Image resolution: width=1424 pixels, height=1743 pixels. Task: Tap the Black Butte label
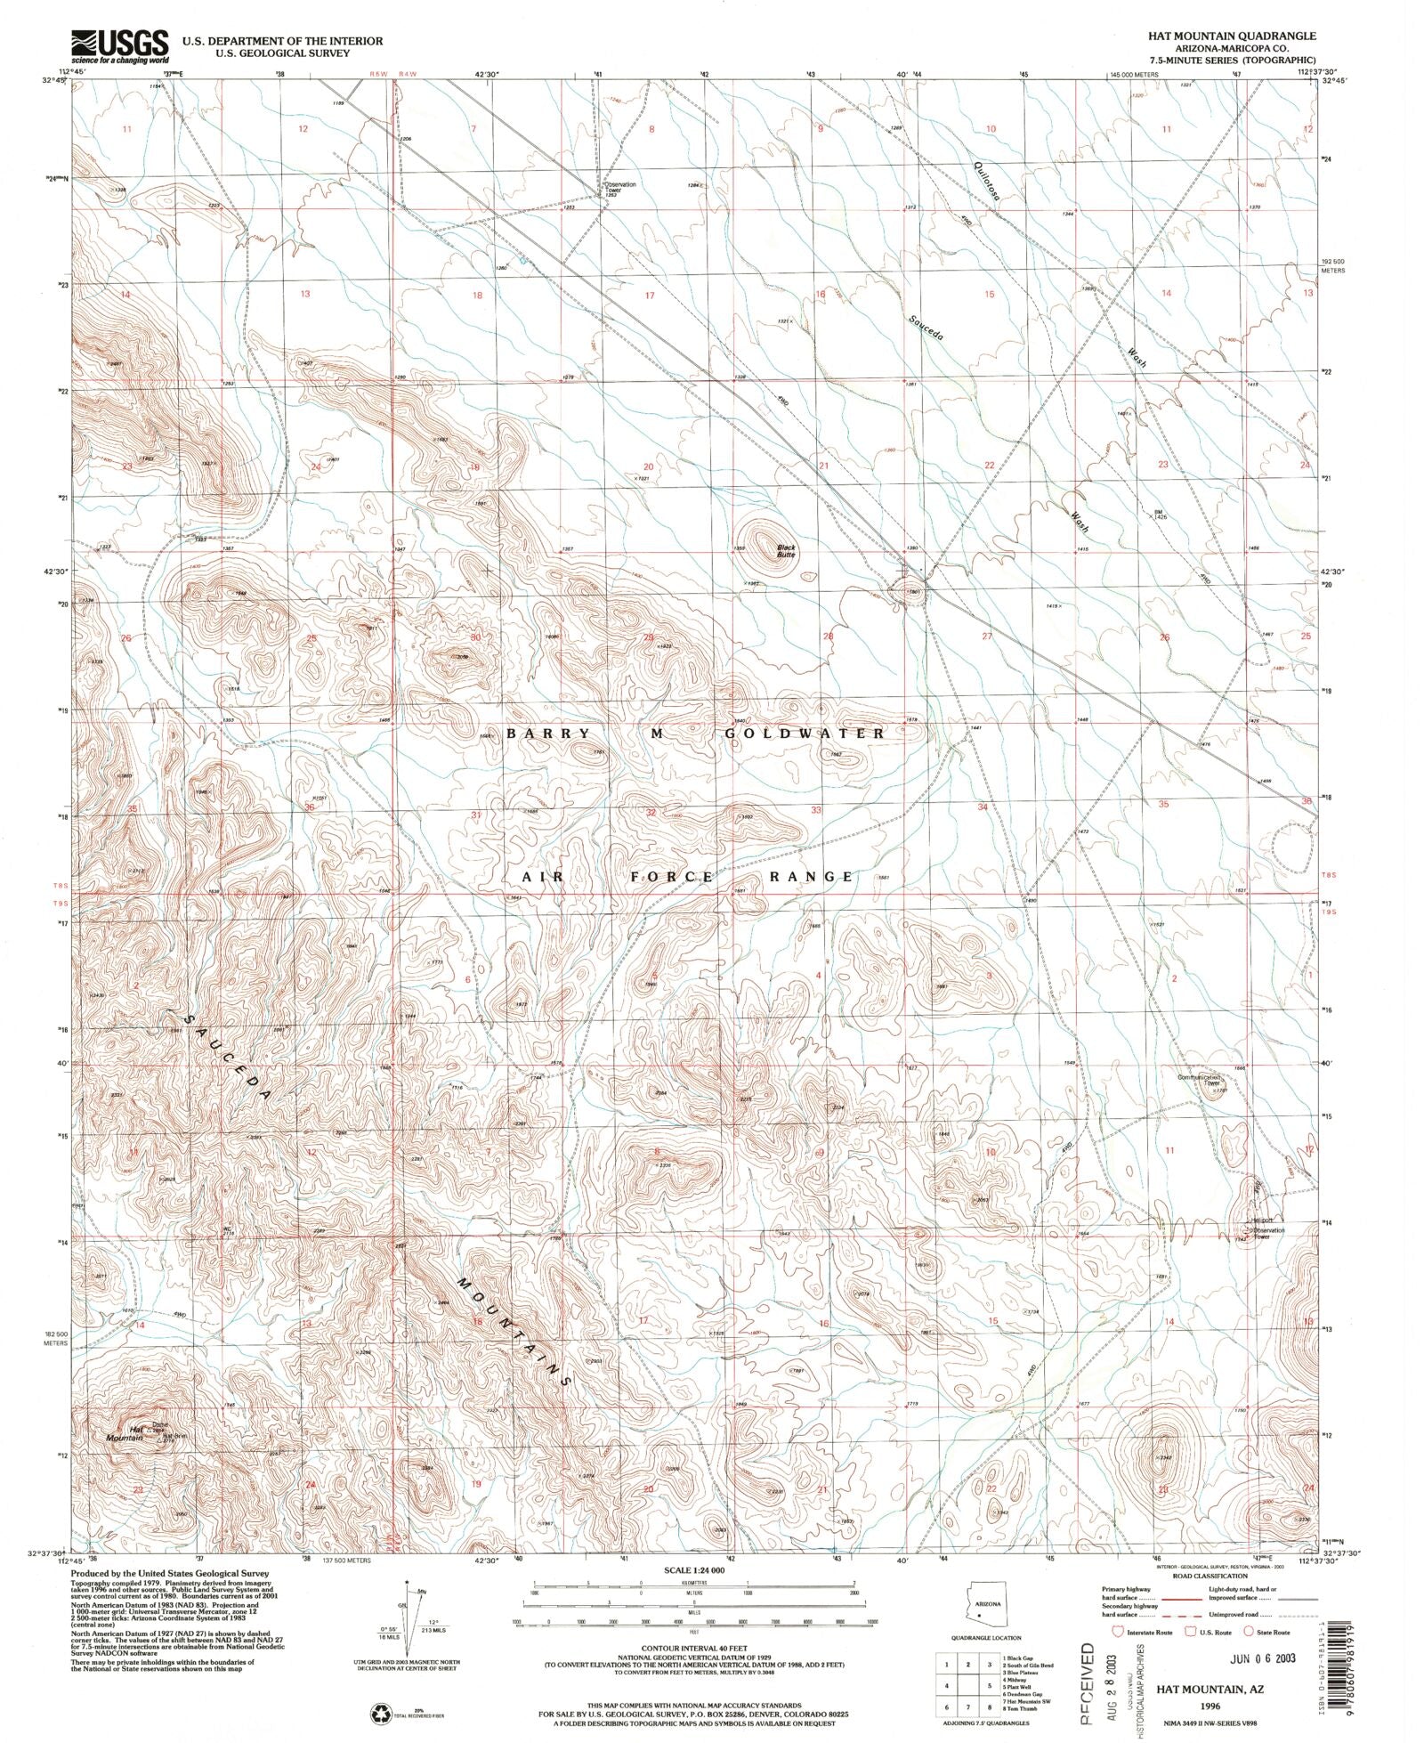click(786, 551)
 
